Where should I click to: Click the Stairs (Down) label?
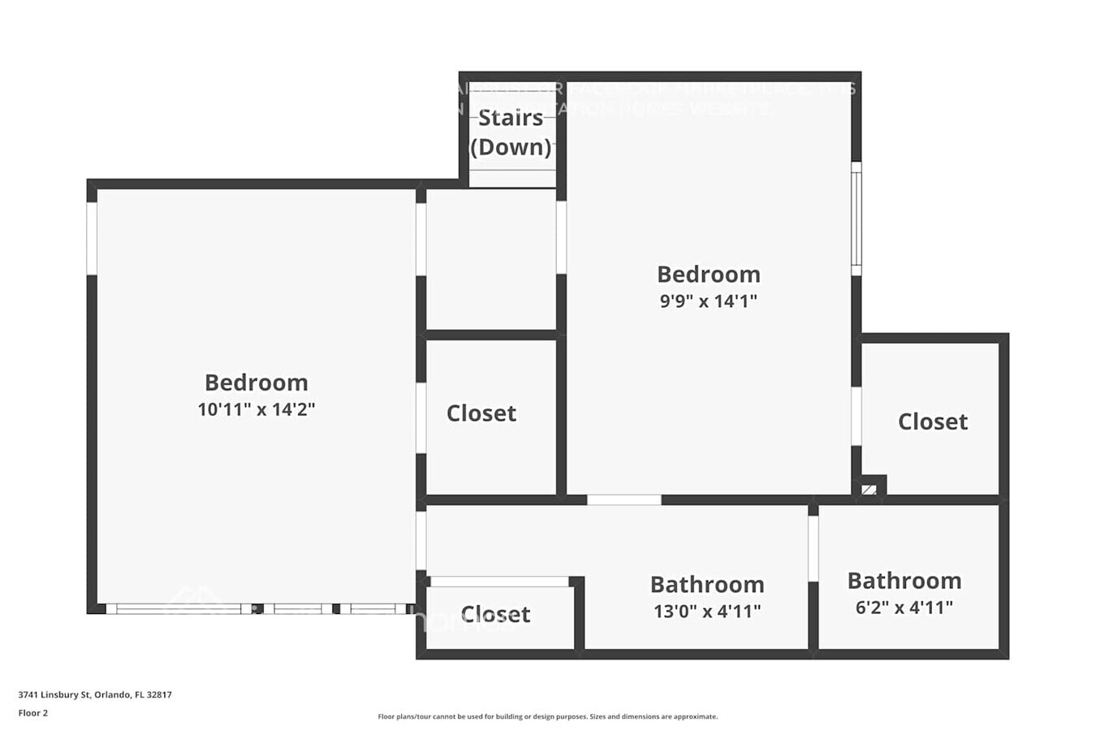pos(511,132)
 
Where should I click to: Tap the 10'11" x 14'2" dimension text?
pos(257,409)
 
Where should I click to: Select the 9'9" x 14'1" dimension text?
pos(708,301)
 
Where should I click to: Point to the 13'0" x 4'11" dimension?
pos(707,611)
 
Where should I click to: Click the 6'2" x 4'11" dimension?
pos(904,608)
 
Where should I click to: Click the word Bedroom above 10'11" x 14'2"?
pos(257,383)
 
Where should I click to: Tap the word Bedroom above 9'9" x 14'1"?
pos(708,275)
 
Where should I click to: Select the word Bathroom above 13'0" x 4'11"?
pos(707,585)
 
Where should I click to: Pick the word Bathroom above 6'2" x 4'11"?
pos(904,581)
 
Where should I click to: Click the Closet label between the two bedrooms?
pos(481,413)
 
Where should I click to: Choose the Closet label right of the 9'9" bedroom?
pos(933,422)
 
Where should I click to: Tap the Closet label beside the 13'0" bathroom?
pos(495,614)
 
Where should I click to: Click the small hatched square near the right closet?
pos(869,490)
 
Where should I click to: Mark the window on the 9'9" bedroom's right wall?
pos(856,218)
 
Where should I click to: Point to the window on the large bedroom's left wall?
pos(92,238)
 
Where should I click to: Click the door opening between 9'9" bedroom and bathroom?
pos(624,500)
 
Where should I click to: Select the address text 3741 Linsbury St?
pos(95,694)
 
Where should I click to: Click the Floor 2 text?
pos(33,713)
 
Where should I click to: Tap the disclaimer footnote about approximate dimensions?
pos(547,716)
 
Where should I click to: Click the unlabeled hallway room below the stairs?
pos(491,258)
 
